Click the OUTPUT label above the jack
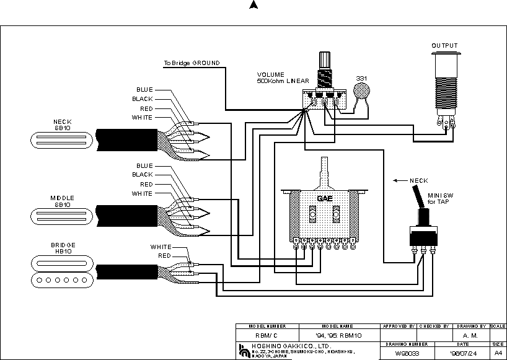[x=444, y=45]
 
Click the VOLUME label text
[x=270, y=74]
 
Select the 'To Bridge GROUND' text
[x=191, y=63]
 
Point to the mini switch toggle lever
[x=421, y=201]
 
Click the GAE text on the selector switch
[x=325, y=198]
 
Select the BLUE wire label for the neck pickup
[x=144, y=90]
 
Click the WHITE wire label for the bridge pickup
[x=161, y=247]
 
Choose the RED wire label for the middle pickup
[x=146, y=184]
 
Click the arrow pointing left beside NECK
[x=399, y=181]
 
